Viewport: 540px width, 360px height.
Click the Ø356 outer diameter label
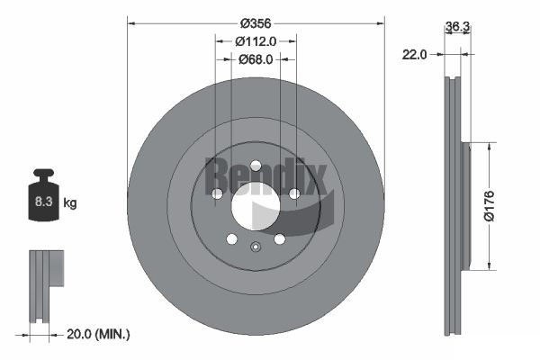tap(256, 23)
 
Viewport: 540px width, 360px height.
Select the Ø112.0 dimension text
tap(256, 41)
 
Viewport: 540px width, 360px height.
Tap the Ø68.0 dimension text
tap(256, 59)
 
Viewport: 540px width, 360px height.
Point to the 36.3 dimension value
tap(457, 26)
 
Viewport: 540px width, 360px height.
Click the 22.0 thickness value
tap(414, 54)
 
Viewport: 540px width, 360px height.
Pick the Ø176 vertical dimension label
tap(489, 206)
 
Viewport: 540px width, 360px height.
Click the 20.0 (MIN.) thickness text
tap(98, 334)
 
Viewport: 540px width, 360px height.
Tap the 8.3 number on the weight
tap(43, 202)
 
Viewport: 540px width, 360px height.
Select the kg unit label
tap(70, 202)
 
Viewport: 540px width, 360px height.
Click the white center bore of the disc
tap(256, 206)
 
